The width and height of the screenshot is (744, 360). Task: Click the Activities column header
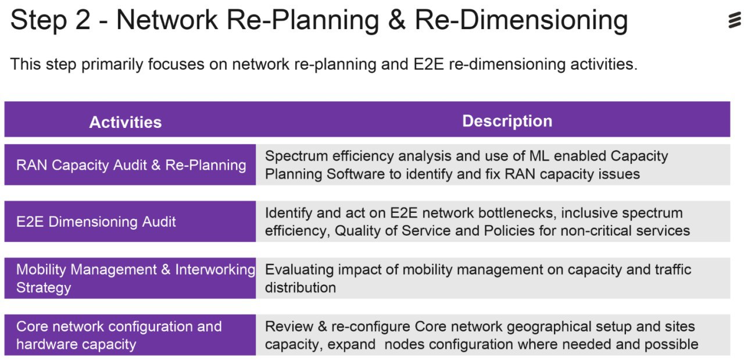[126, 122]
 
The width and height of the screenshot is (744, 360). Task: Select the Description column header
[507, 120]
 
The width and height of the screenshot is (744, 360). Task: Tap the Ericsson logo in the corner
[735, 20]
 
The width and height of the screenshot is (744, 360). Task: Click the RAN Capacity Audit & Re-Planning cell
[130, 165]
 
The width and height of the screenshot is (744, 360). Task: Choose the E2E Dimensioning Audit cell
[130, 222]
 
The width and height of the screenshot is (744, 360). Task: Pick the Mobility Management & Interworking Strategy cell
[130, 278]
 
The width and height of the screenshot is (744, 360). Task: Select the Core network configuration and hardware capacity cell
[130, 335]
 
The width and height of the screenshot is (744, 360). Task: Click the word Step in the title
[38, 20]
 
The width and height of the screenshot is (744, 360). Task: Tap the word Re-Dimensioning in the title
[521, 20]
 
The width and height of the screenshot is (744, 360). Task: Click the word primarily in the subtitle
[112, 65]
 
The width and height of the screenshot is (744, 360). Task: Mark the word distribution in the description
[301, 287]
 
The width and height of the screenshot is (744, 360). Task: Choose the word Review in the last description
[289, 326]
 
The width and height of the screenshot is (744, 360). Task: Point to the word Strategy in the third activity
[44, 288]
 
